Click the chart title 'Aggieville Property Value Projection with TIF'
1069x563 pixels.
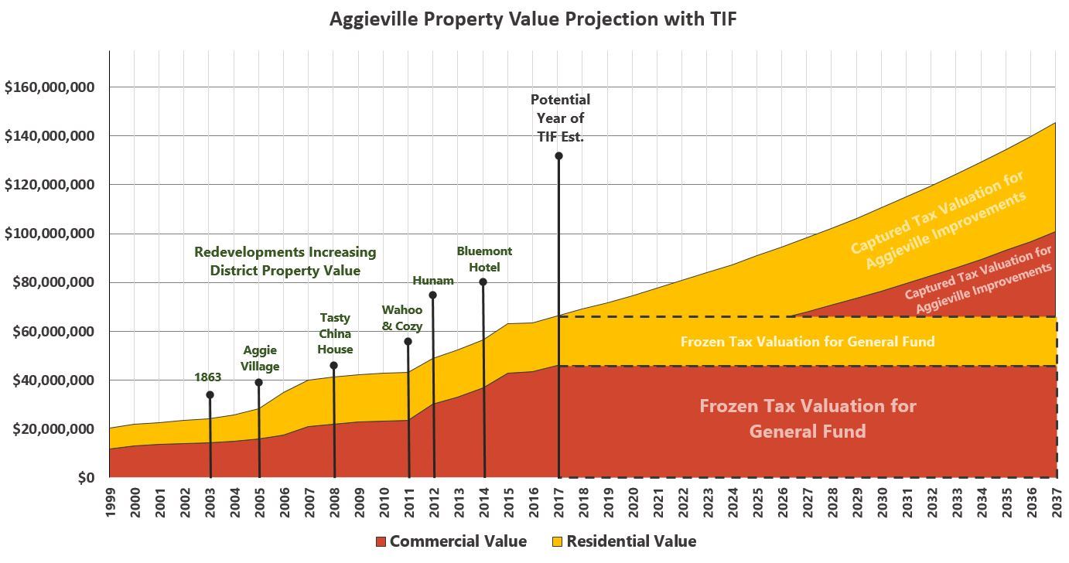[x=533, y=19]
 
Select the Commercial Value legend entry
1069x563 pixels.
[x=450, y=541]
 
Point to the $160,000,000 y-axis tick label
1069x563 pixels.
[x=50, y=87]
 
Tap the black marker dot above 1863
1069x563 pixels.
[x=210, y=395]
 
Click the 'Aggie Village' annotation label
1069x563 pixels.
[x=260, y=358]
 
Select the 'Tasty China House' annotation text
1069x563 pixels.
[x=335, y=333]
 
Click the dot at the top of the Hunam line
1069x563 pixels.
[x=432, y=295]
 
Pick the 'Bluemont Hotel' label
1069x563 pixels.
[x=484, y=259]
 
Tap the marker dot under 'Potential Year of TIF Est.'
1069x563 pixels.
[x=558, y=156]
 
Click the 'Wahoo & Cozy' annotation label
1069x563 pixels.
[x=402, y=318]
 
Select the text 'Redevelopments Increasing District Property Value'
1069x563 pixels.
[x=285, y=261]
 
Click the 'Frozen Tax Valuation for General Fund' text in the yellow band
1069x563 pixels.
[x=807, y=341]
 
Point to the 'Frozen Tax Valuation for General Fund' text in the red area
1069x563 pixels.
[x=808, y=418]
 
